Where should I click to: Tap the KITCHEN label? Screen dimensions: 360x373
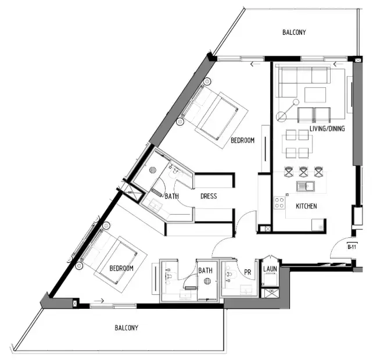tap(306, 206)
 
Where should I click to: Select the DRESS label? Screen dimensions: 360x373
tap(208, 197)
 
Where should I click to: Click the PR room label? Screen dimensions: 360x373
tap(247, 271)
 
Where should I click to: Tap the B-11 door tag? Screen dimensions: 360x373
tap(351, 247)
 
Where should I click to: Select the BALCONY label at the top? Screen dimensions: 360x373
tap(294, 33)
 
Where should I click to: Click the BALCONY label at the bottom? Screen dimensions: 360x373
tap(126, 328)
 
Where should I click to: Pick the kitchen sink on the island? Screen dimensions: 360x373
tap(305, 187)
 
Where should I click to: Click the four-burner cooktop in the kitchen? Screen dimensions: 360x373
tap(279, 202)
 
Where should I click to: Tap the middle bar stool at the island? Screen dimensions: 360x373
tap(303, 172)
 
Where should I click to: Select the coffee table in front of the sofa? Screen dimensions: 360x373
tap(315, 94)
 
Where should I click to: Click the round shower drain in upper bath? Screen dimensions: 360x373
tap(153, 170)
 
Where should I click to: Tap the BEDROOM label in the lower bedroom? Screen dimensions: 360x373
tap(121, 268)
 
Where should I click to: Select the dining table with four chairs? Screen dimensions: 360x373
tap(296, 144)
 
